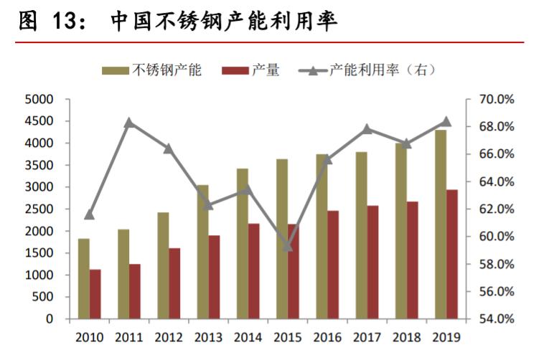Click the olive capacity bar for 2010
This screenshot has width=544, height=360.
(84, 278)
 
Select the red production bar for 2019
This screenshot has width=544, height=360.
(451, 254)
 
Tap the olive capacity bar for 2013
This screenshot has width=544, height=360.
(203, 252)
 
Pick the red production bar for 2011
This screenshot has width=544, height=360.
(135, 291)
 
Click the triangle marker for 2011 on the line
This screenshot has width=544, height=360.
(129, 123)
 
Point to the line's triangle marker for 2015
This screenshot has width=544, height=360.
(287, 246)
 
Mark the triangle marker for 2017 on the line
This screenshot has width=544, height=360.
(367, 129)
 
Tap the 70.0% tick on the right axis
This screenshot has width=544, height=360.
(497, 99)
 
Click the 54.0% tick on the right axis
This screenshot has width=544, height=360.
(497, 319)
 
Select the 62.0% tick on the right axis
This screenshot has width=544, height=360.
(497, 209)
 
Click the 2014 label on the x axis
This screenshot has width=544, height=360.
(248, 337)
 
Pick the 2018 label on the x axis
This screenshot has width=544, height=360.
(406, 337)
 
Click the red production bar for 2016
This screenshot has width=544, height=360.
(332, 265)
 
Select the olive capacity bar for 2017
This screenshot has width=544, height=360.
(361, 235)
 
